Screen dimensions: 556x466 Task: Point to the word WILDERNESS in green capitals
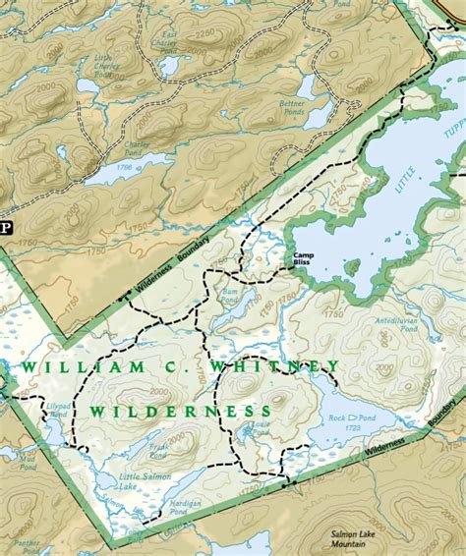coord(182,410)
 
